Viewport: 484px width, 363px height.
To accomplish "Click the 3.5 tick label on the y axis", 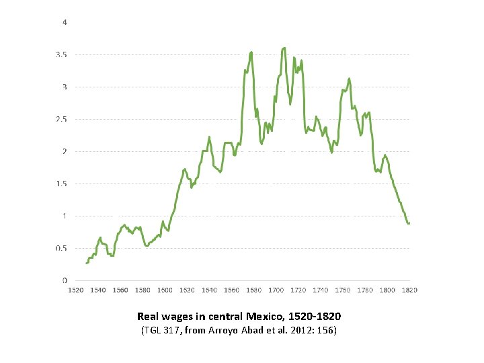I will click(x=61, y=54).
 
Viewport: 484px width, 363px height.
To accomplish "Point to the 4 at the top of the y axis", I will click(x=65, y=22).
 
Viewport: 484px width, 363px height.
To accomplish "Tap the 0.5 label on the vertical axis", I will click(x=61, y=248).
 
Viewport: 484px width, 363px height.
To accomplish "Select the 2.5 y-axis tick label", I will click(x=61, y=119).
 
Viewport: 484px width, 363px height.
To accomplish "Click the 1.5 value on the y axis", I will click(x=61, y=184).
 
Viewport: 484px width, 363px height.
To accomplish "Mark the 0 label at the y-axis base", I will click(x=65, y=280).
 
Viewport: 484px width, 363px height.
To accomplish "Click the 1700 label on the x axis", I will click(x=276, y=290).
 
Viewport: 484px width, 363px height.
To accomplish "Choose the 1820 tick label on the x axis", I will click(x=409, y=290).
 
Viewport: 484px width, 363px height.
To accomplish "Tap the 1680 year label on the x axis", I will click(x=254, y=290).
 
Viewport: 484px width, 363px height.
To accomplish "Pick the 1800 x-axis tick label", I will click(x=387, y=290).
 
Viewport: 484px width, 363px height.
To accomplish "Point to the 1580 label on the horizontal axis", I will click(x=143, y=290).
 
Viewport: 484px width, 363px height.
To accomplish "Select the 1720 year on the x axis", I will click(x=298, y=290).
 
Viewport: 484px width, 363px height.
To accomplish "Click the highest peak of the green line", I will click(x=284, y=48).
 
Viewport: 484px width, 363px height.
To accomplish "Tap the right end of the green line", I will click(x=409, y=223).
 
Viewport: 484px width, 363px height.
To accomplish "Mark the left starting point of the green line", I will click(x=87, y=263).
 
